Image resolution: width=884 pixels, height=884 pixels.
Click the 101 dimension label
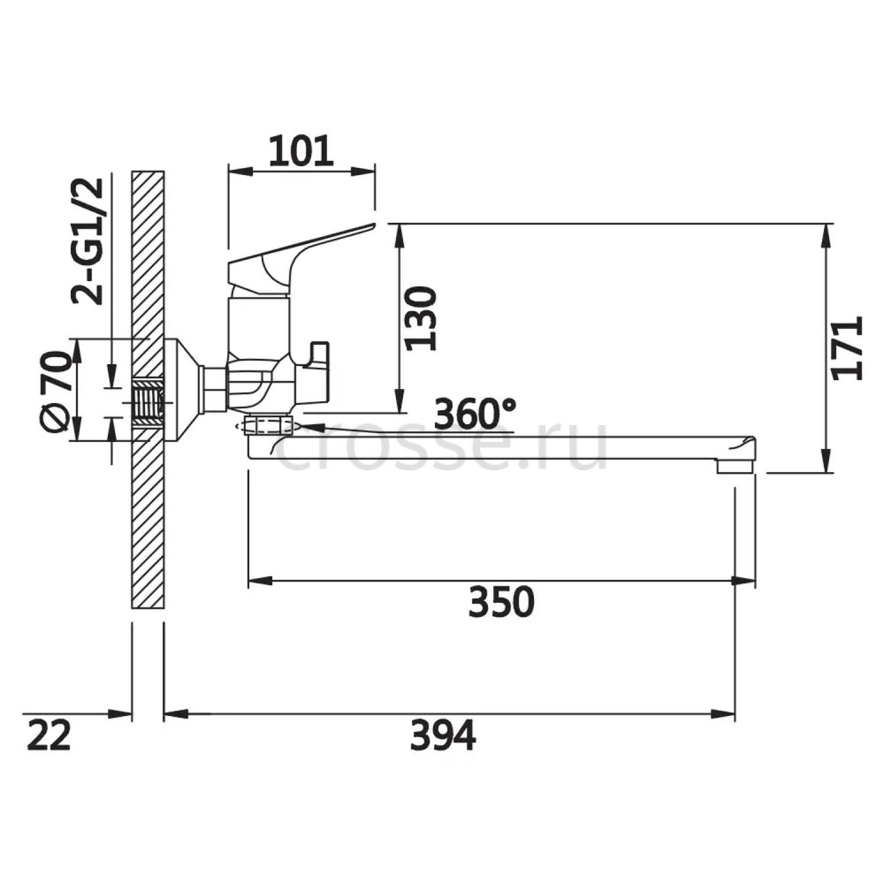(301, 152)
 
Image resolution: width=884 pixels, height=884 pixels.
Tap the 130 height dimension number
(422, 318)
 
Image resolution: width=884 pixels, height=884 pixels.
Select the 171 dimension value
(848, 347)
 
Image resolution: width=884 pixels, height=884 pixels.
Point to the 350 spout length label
(501, 602)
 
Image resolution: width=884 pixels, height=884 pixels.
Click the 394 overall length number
(443, 735)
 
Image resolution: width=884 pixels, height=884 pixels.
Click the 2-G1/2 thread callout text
(88, 241)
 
